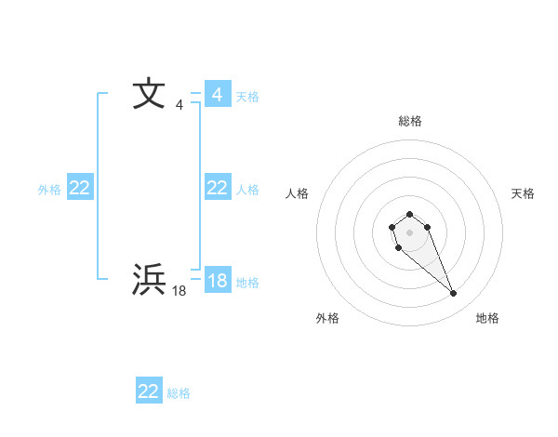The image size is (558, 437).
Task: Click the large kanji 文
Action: [x=149, y=95]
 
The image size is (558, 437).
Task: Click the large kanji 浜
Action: [x=149, y=280]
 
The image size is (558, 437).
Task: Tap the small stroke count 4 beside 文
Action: [x=179, y=104]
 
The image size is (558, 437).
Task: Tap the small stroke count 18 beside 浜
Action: [x=179, y=290]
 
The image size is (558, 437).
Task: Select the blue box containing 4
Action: [x=218, y=95]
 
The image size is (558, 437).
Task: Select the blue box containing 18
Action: [x=218, y=281]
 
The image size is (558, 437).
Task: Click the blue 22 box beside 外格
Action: [x=80, y=188]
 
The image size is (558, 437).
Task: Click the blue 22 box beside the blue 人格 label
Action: [x=218, y=188]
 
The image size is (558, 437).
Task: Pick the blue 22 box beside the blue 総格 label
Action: [x=149, y=391]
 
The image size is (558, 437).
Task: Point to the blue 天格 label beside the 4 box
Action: [x=247, y=97]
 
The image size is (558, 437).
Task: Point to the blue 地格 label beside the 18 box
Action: [x=247, y=283]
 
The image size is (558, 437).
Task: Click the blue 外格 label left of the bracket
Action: [x=49, y=190]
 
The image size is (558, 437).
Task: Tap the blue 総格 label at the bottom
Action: [x=179, y=393]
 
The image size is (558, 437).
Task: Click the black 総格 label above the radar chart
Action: [x=410, y=121]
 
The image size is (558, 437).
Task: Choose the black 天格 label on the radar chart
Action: [x=524, y=193]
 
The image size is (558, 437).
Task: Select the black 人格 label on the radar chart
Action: [x=298, y=193]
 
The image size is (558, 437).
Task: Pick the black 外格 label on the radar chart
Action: [x=327, y=318]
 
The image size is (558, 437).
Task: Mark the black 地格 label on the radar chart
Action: [x=487, y=318]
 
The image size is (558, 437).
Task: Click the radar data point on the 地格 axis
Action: [x=454, y=294]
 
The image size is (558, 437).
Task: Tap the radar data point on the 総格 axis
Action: [x=410, y=215]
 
